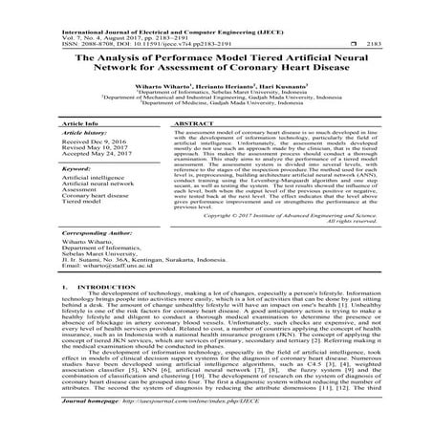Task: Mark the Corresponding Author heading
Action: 99,258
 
